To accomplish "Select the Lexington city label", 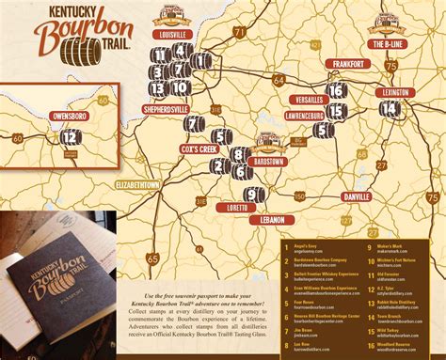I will coord(396,92).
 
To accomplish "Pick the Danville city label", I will coord(357,198).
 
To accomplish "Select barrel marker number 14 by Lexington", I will coord(390,109).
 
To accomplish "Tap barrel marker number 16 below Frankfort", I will coord(336,90).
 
